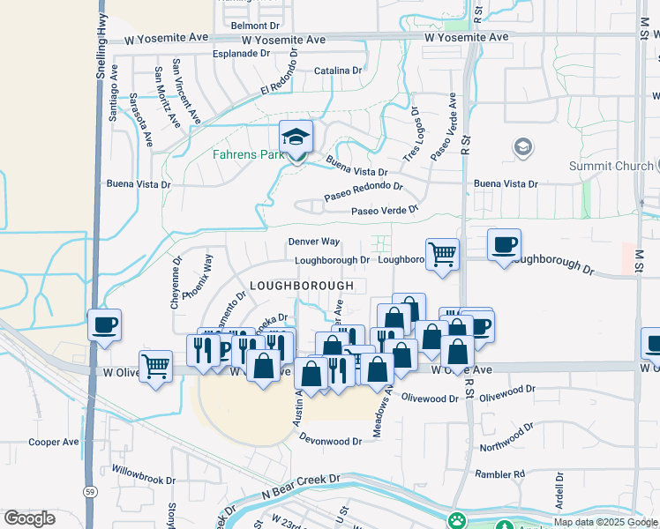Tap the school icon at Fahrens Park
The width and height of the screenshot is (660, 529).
click(296, 137)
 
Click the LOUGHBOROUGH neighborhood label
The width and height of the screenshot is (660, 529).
click(302, 286)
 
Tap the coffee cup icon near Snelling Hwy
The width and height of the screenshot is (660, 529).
click(104, 324)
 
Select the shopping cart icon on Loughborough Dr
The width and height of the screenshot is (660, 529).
click(442, 255)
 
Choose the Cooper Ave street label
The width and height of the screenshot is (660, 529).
click(54, 442)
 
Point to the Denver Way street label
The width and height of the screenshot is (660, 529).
click(313, 242)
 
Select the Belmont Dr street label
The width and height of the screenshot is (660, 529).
click(254, 26)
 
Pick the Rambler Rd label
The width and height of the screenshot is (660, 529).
click(499, 473)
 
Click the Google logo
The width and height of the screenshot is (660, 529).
click(30, 518)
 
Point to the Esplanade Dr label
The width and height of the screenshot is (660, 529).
click(241, 54)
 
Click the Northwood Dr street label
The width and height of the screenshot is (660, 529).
click(507, 437)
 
